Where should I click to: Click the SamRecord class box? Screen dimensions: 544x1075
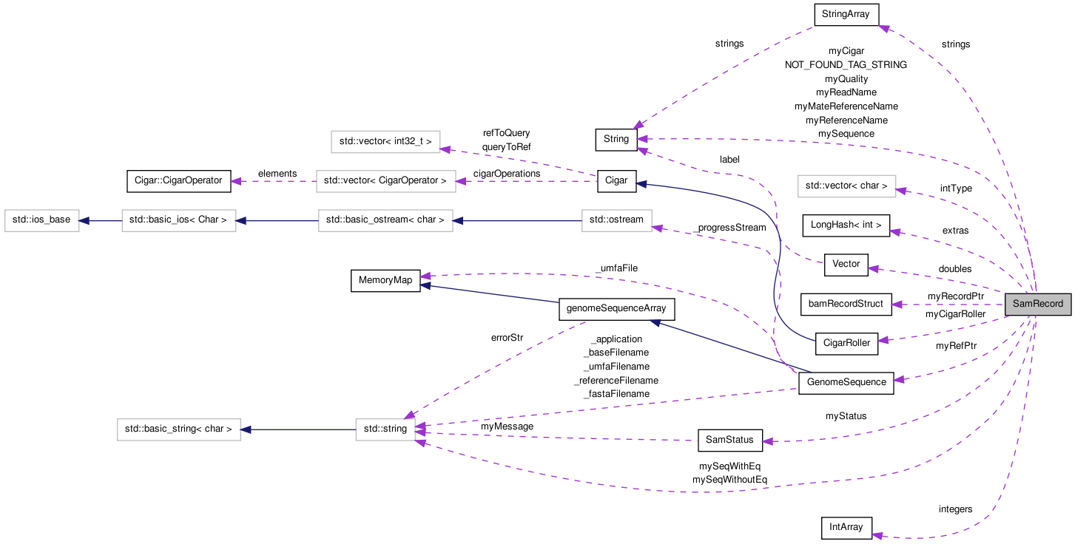[x=1037, y=304]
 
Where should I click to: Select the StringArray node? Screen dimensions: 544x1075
[x=846, y=14]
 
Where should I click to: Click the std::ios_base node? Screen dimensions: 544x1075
[x=41, y=220]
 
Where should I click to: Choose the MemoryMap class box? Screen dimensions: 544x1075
[x=385, y=281]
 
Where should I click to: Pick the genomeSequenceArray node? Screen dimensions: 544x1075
[x=616, y=309]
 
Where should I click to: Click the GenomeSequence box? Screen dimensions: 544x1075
[x=846, y=382]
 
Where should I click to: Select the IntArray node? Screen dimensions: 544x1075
[x=846, y=528]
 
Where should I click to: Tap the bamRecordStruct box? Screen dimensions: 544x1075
[x=846, y=304]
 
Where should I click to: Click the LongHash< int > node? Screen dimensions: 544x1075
[x=846, y=225]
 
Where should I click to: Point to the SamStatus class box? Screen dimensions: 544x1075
[x=729, y=441]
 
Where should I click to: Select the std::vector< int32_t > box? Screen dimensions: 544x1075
[x=385, y=141]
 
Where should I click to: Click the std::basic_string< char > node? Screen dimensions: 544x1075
[x=179, y=429]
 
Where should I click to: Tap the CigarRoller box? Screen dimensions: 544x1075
[x=846, y=343]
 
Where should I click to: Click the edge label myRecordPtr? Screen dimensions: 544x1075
[x=956, y=296]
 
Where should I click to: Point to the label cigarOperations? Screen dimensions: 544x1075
[x=507, y=174]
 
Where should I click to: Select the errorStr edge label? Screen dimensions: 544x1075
[x=507, y=338]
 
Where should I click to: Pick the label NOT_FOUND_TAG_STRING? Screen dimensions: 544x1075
[x=846, y=65]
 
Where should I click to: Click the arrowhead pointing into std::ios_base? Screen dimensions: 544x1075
[x=84, y=220]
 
